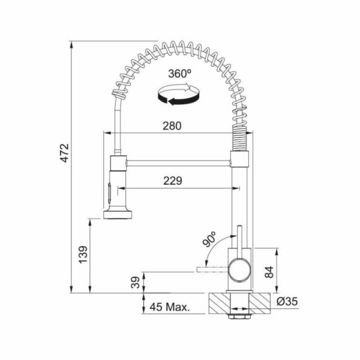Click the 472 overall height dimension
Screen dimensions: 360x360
point(65,153)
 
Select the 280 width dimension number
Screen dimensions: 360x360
point(172,126)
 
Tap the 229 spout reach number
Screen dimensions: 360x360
point(173,181)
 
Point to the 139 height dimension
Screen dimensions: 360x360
point(83,254)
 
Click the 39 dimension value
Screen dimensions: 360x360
point(135,283)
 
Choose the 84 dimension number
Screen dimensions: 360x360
point(269,272)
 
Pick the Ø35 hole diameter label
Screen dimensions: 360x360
point(287,301)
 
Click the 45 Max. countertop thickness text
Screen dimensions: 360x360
point(170,307)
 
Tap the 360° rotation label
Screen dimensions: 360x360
point(179,74)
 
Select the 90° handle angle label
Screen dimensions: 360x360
point(209,239)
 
